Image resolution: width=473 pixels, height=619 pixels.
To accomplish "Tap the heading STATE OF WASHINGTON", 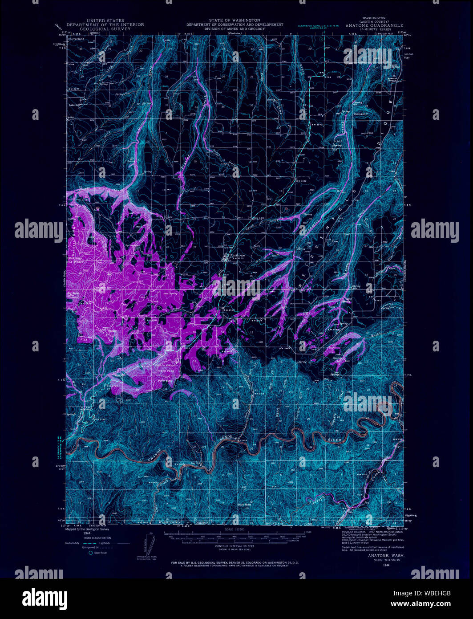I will click(234, 20).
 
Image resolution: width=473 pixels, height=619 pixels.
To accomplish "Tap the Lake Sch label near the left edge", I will click(75, 106).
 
